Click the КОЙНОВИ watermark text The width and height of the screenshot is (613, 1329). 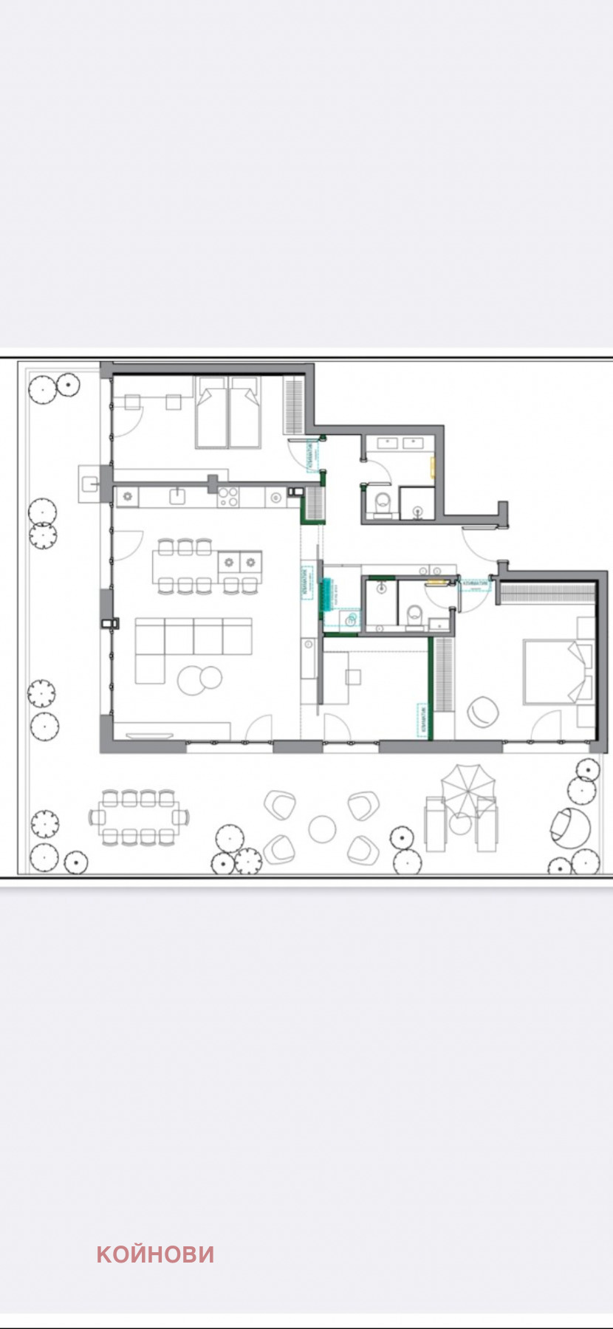(x=155, y=1254)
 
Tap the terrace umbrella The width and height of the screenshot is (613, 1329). (x=466, y=789)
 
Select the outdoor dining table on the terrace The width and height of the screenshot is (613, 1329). (x=138, y=817)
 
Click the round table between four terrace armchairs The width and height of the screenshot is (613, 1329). (x=322, y=828)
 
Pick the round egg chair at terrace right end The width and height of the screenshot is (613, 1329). (x=570, y=824)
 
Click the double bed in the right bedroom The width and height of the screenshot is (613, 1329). (x=555, y=672)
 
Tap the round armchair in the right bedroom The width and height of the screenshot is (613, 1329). (x=483, y=711)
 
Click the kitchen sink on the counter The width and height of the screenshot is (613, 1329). (x=178, y=496)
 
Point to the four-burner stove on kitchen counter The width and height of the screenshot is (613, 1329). (x=227, y=498)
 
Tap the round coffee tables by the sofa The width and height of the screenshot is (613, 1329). (x=200, y=679)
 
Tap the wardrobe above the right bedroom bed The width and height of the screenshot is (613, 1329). (x=547, y=593)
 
